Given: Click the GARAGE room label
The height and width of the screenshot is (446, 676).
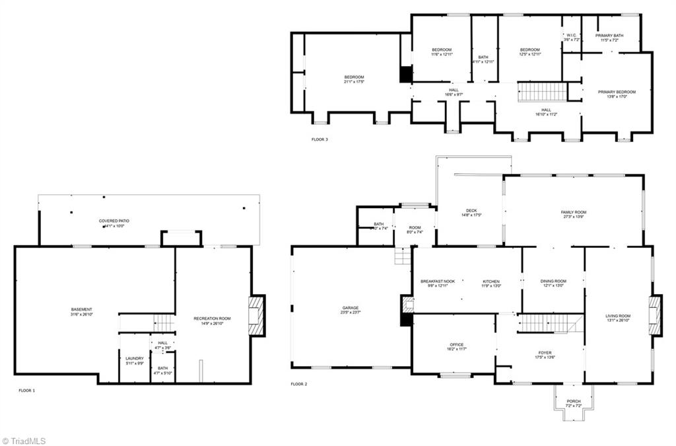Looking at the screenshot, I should [351, 308].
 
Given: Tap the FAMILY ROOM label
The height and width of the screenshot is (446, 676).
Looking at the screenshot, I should [574, 212].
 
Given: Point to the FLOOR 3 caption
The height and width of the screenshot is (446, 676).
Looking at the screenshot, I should [320, 139].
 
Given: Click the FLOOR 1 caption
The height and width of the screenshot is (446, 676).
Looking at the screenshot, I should [27, 390].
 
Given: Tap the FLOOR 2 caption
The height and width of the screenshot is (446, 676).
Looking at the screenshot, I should [299, 384].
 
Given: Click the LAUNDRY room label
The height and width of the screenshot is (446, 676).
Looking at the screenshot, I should [135, 359].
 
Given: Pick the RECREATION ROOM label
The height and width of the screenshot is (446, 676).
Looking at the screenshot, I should [212, 318].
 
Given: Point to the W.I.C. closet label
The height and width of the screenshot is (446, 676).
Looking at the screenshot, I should [572, 36].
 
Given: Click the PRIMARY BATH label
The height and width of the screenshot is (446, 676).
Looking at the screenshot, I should [609, 36].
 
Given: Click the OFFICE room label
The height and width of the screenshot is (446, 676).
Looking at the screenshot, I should [457, 345].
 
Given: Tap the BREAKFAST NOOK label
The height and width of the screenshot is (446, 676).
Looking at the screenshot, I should [438, 281].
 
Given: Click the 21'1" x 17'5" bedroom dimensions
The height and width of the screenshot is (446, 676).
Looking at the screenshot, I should [354, 82].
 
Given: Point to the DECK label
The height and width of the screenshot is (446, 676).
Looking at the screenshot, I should [471, 211].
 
